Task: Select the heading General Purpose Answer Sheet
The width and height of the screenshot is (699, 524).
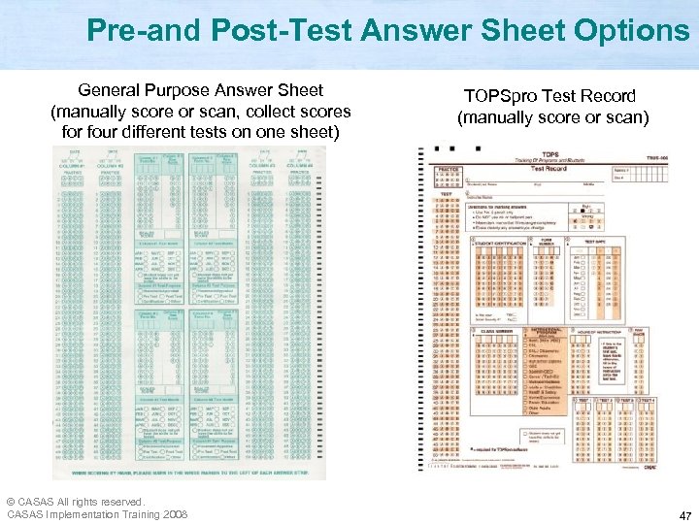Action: [x=200, y=90]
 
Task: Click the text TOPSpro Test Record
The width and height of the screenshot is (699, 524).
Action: [x=549, y=96]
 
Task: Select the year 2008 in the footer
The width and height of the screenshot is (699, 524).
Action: [x=175, y=513]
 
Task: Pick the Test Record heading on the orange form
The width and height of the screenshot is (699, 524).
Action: [x=549, y=168]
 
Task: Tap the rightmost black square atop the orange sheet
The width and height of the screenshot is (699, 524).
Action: [x=478, y=148]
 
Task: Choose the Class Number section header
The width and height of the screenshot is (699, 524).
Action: [x=494, y=332]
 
